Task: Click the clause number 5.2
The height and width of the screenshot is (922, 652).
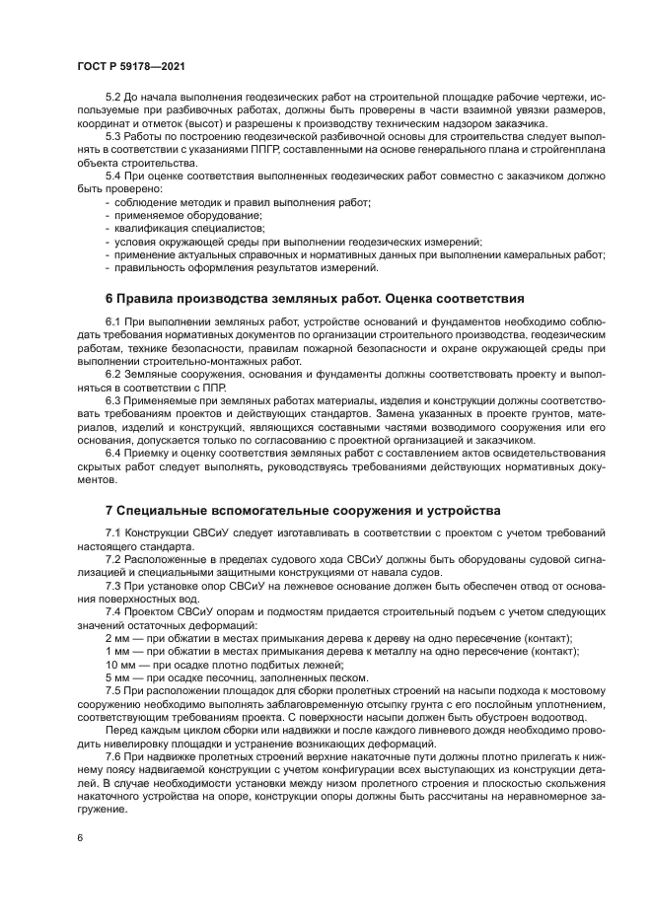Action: [x=113, y=99]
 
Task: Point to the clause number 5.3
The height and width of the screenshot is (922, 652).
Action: [x=113, y=137]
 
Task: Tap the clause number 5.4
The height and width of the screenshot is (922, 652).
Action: [x=113, y=176]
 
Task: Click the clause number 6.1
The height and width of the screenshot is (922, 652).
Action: [x=113, y=323]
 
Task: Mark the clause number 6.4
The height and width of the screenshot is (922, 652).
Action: [x=113, y=454]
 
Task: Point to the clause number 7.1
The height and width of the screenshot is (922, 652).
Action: [x=113, y=532]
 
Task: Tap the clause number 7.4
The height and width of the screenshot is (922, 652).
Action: [x=113, y=610]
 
